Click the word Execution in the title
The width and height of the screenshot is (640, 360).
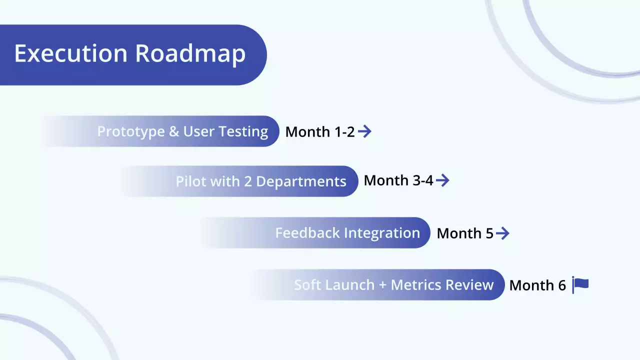tap(70, 54)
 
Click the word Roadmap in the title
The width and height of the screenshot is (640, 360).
tap(190, 54)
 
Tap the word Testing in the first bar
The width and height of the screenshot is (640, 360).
tap(245, 131)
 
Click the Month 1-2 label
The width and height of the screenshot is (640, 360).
tap(320, 132)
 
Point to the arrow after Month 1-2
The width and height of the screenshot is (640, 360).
tap(365, 131)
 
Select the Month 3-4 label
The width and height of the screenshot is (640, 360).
tap(398, 180)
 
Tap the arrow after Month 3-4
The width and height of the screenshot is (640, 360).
tap(442, 180)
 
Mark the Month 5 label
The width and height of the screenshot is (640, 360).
tap(465, 233)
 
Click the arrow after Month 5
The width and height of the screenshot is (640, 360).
tap(502, 233)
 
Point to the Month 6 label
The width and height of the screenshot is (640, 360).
tap(537, 285)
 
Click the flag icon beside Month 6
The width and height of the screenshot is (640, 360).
tap(580, 285)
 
